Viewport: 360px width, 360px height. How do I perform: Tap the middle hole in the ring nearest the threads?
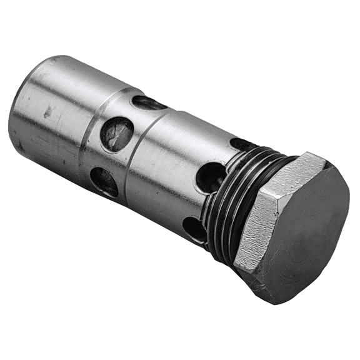211,177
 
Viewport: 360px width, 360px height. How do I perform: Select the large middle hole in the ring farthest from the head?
117,133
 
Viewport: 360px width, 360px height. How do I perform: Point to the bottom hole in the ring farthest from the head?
104,181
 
